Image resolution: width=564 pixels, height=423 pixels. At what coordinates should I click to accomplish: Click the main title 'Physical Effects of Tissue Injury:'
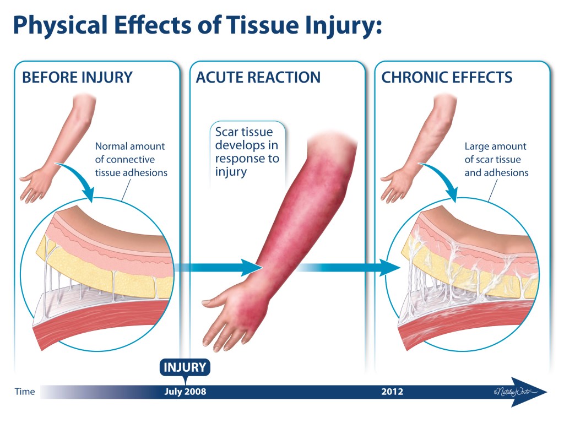pos(197,26)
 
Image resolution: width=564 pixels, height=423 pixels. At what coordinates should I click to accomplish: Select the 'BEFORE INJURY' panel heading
pos(77,77)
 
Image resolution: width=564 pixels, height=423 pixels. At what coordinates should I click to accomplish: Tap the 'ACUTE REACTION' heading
pos(258,77)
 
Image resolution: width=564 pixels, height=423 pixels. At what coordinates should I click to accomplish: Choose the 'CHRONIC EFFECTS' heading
pos(447,77)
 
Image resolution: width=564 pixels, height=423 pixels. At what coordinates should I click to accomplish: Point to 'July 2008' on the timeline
pos(185,392)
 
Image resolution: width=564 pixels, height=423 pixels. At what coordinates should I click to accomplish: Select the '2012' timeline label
pos(392,392)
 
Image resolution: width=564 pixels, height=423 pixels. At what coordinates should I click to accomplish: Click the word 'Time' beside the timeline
pos(24,392)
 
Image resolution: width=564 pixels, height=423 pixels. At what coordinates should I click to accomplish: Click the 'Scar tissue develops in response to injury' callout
pos(247,152)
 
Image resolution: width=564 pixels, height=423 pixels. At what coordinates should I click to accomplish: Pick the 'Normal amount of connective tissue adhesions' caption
pos(131,160)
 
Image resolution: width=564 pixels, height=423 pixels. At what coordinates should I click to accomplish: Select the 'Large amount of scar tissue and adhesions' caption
pos(496,160)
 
